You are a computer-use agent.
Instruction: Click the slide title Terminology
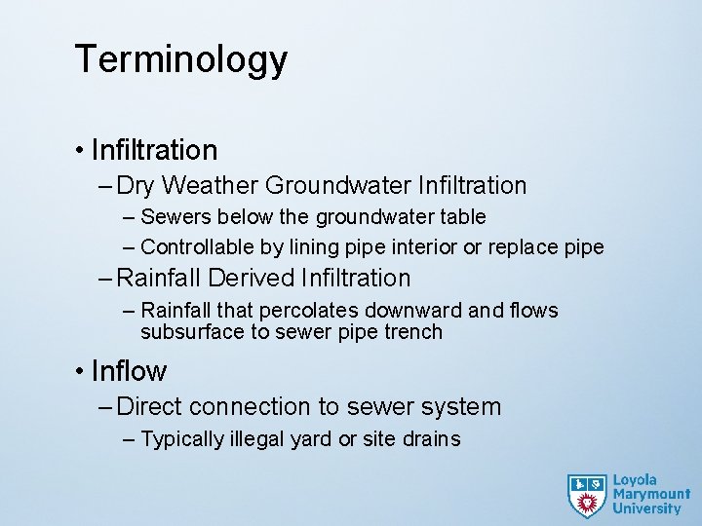(x=180, y=60)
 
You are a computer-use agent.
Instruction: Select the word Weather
(x=211, y=185)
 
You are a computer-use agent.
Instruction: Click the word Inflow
(x=129, y=371)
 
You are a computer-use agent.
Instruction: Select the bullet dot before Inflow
(x=79, y=372)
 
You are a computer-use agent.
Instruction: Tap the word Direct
(x=149, y=406)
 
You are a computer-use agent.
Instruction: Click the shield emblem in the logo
(x=587, y=496)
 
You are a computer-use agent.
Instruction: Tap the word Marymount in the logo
(x=650, y=495)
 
